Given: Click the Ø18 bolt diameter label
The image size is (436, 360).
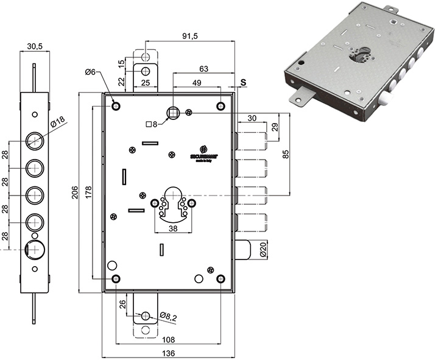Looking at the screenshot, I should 58,122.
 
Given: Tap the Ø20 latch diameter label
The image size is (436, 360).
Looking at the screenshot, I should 263,249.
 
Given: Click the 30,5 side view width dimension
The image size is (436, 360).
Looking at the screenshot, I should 34,46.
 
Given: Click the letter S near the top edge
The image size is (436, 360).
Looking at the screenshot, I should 244,82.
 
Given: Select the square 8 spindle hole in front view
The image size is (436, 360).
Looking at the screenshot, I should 172,112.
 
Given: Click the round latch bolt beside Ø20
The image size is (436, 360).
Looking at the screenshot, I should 244,249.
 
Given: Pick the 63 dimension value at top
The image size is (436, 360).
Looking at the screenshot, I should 203,69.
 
